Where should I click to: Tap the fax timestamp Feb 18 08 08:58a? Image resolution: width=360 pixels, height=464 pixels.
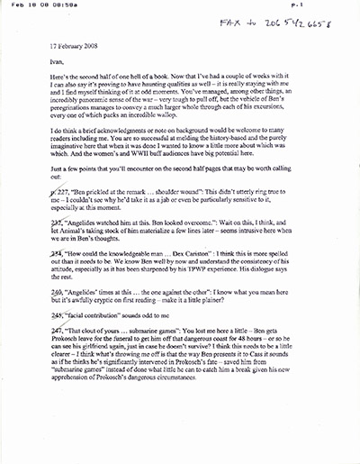[x=46, y=7]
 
